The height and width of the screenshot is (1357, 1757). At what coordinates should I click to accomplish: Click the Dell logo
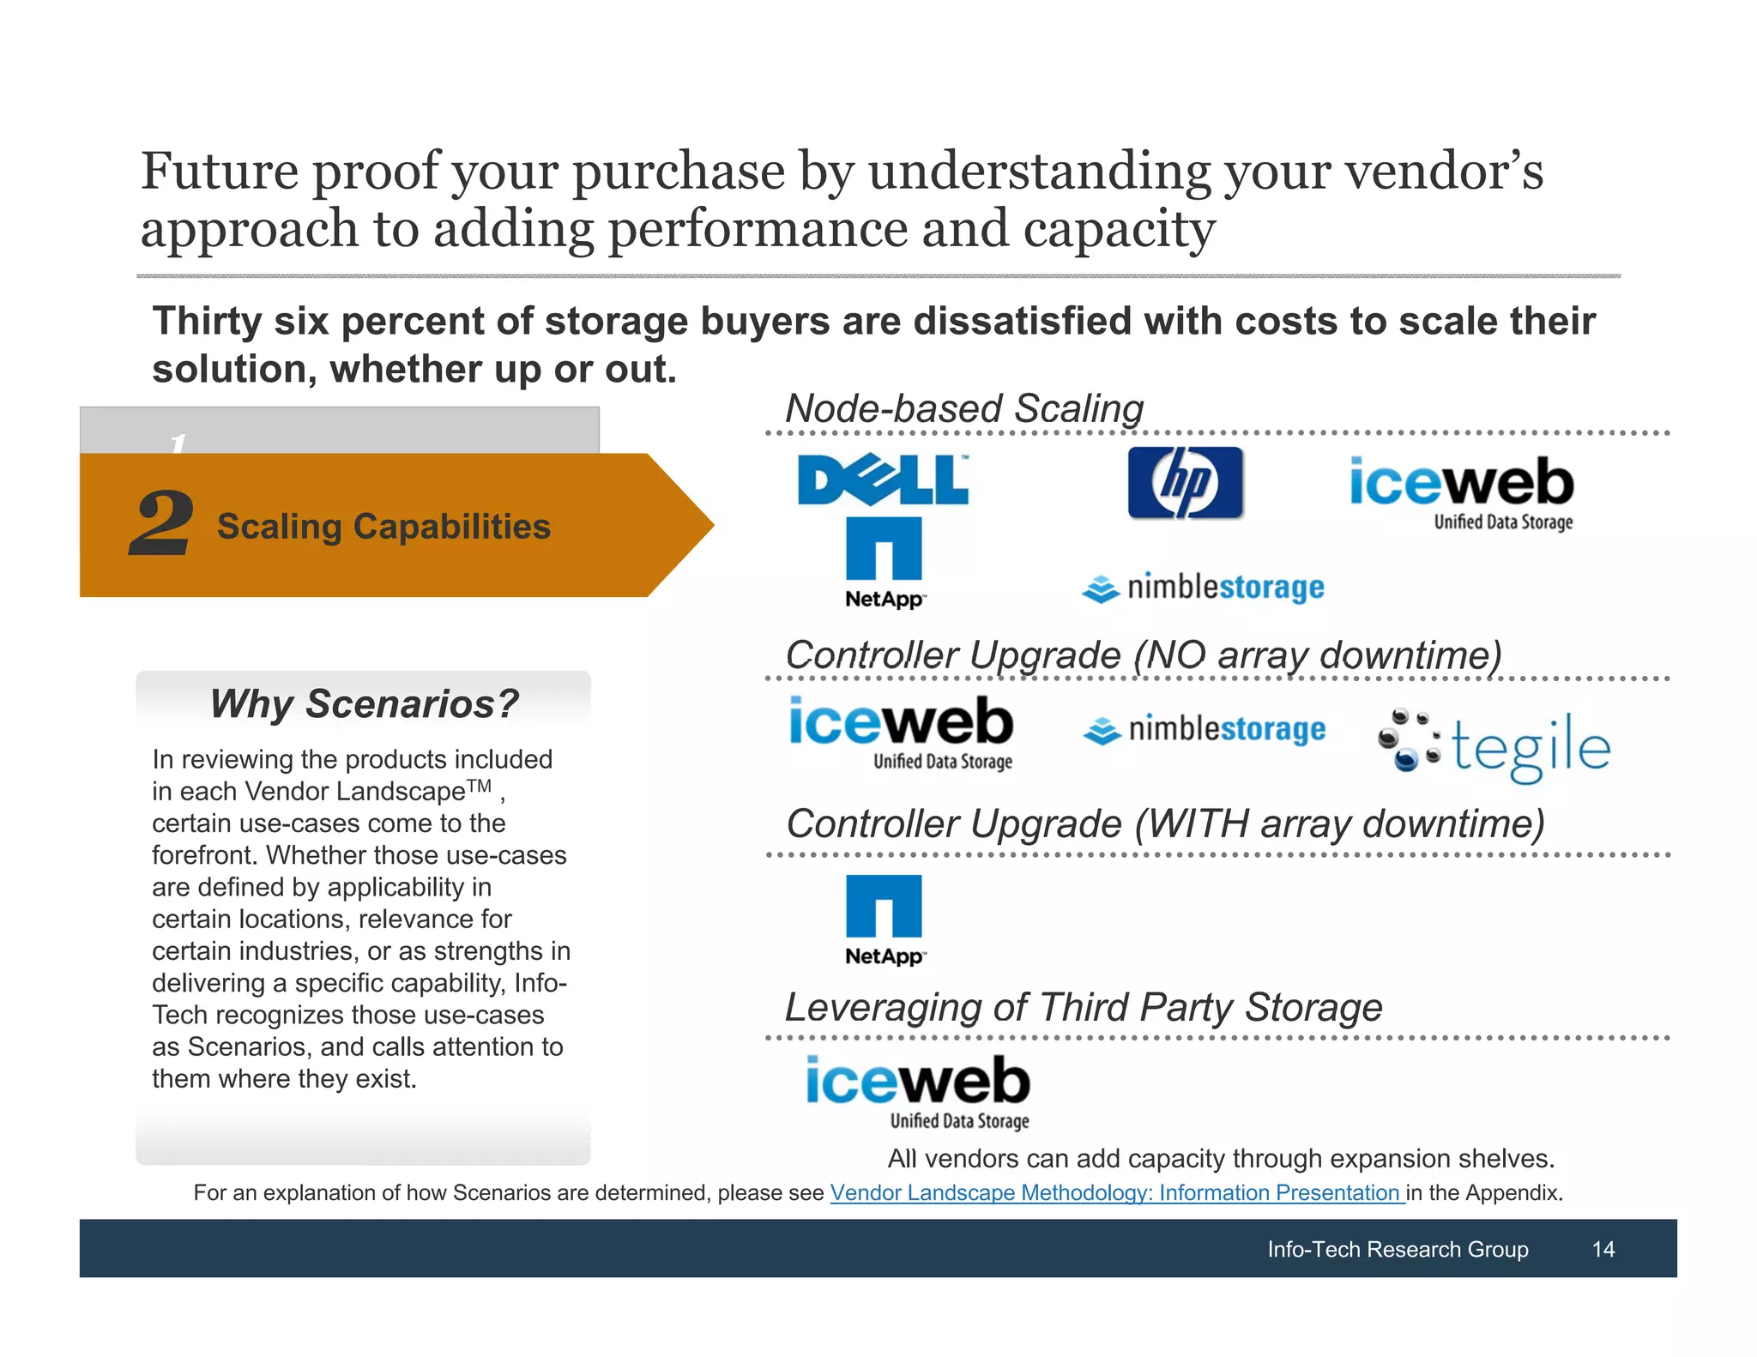tap(883, 479)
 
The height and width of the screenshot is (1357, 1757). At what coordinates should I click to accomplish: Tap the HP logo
tap(1185, 483)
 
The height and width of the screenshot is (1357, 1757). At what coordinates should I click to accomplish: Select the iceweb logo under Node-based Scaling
tap(1462, 491)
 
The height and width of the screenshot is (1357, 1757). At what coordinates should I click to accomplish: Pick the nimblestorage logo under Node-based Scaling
tap(1203, 588)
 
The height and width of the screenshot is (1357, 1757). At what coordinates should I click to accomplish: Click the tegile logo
tap(1494, 745)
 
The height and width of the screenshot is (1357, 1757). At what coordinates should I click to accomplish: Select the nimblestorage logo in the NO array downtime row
tap(1204, 729)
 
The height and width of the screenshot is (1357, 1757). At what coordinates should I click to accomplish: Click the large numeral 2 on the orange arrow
tap(161, 523)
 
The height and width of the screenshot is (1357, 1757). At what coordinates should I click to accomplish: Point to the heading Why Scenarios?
tap(364, 703)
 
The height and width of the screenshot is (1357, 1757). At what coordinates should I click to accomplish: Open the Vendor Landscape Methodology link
tap(1117, 1192)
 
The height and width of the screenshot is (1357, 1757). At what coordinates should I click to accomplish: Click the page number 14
tap(1603, 1249)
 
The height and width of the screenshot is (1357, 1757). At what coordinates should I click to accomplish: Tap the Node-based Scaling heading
tap(964, 408)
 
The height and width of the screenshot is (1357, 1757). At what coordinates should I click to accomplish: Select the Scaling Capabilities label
tap(383, 527)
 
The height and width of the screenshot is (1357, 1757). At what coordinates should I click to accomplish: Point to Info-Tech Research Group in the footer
tap(1398, 1249)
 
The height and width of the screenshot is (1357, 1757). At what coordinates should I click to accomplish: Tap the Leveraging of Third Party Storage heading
tap(1083, 1007)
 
